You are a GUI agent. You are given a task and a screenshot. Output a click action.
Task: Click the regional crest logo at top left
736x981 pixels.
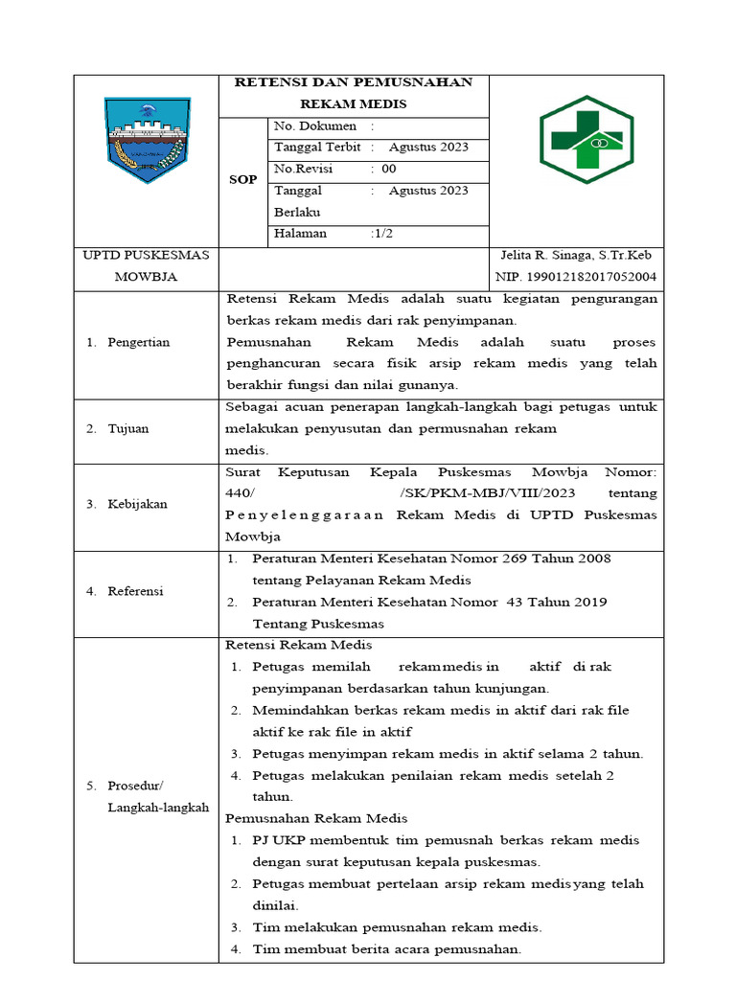coord(148,140)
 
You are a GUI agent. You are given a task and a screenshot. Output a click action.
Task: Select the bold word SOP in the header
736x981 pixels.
coord(243,180)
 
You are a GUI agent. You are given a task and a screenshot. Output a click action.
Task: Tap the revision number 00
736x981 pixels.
coord(389,169)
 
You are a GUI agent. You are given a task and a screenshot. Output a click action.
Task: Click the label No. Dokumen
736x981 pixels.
coord(315,126)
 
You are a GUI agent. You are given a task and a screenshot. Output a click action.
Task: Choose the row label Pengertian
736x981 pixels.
coord(139,342)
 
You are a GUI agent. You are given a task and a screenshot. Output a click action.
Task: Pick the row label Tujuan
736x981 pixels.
coord(127,428)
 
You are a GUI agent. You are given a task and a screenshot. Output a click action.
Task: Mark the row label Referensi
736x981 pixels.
coord(135,591)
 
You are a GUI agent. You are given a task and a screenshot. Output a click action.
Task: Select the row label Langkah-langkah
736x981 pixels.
coord(158,808)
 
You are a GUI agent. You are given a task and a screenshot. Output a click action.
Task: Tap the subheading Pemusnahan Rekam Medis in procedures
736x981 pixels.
coord(316,818)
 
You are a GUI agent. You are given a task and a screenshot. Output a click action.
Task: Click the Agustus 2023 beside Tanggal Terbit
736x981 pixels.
coord(428,148)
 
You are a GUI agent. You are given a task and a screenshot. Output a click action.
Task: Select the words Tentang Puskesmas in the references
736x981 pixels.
coord(311,624)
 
